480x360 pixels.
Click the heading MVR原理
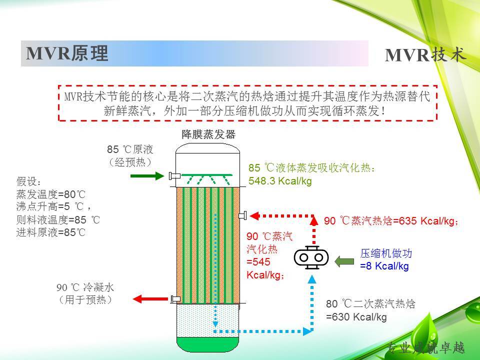[67, 53]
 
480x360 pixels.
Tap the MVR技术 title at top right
[425, 54]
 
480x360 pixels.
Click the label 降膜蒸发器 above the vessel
[208, 134]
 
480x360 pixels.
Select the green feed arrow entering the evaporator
[147, 175]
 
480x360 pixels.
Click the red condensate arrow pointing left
[150, 299]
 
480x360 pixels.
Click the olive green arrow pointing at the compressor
[344, 261]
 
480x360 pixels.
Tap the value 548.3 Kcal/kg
[280, 181]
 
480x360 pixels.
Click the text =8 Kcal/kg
[384, 266]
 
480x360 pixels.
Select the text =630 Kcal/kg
[356, 317]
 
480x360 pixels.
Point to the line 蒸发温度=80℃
[51, 194]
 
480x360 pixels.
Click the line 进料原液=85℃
[51, 232]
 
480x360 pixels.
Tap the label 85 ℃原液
[130, 149]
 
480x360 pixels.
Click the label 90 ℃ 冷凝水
[85, 287]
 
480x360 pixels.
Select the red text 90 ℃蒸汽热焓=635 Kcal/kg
[391, 220]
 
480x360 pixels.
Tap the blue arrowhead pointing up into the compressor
[312, 279]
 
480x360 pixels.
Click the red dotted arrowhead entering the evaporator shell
[254, 216]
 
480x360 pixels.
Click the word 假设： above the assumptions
[28, 181]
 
